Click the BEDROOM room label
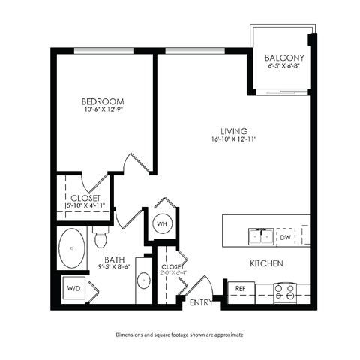click(103, 100)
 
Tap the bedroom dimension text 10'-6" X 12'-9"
click(103, 110)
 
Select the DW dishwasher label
click(285, 237)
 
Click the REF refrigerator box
click(241, 288)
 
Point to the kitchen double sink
click(261, 237)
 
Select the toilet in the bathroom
click(100, 238)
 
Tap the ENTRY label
click(200, 303)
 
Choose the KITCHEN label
click(265, 263)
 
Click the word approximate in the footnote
click(226, 334)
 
